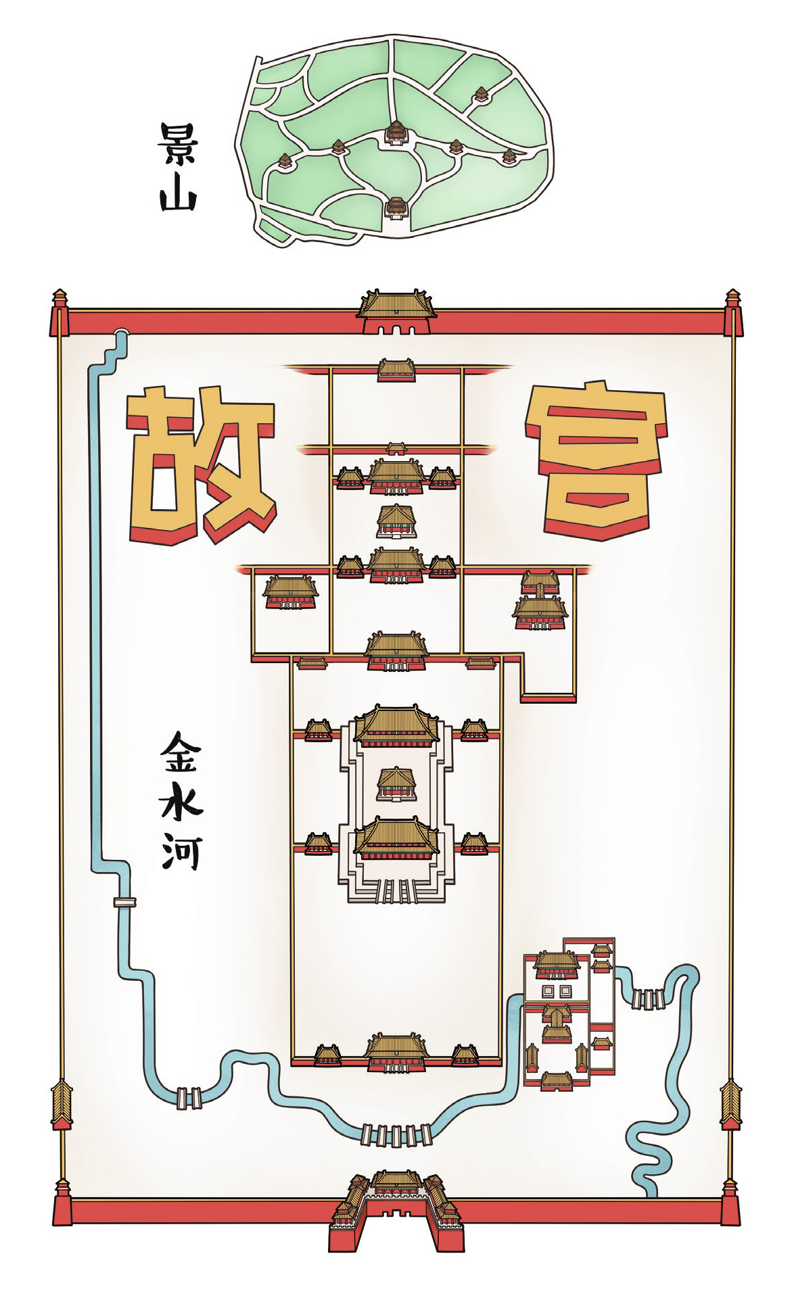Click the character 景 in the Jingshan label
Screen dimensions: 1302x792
pyautogui.click(x=177, y=144)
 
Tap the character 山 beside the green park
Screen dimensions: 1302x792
pyautogui.click(x=177, y=196)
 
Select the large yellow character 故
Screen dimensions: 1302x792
pyautogui.click(x=200, y=465)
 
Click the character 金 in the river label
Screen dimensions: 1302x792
pyautogui.click(x=179, y=750)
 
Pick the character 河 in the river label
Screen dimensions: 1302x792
pyautogui.click(x=179, y=852)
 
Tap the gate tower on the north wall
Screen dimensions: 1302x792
pyautogui.click(x=396, y=312)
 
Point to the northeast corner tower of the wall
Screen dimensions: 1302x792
pyautogui.click(x=732, y=312)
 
